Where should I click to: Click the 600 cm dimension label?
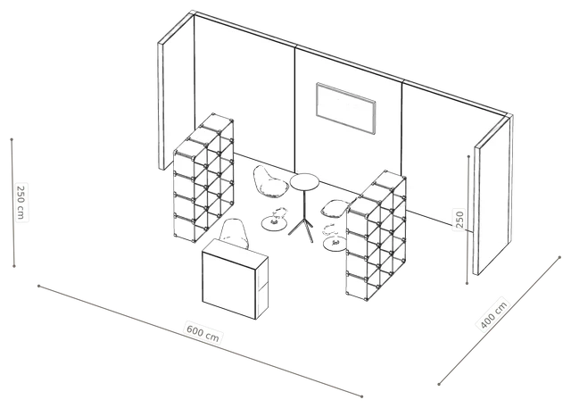pos(203,332)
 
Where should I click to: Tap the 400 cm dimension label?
pos(493,315)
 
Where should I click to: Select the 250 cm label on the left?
pos(21,203)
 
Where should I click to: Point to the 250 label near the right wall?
pos(459,220)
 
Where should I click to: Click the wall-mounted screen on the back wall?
pos(345,109)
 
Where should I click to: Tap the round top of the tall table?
pos(304,181)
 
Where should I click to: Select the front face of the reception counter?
pos(229,279)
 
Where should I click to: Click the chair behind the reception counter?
pos(235,233)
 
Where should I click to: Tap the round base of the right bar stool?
pos(335,244)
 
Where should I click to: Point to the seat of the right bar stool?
pos(335,209)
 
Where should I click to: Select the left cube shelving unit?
pos(203,178)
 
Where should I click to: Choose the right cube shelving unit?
pos(377,236)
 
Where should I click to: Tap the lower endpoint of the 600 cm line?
pos(361,396)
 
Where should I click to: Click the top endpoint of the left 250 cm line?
pos(12,139)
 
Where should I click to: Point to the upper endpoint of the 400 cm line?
pos(559,257)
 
